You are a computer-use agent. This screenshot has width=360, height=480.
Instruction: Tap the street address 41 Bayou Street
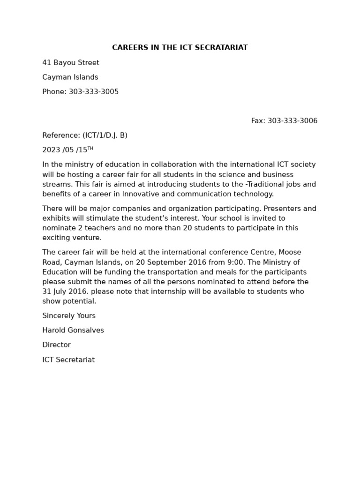71,63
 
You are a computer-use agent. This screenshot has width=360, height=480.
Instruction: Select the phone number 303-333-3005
94,92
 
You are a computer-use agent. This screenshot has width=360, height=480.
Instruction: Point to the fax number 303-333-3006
292,121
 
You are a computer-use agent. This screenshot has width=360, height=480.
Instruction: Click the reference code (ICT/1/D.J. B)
105,135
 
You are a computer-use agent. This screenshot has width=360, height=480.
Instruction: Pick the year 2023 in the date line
52,150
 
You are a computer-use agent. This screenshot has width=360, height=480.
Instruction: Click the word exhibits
56,218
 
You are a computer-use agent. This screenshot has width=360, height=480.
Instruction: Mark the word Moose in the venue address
290,252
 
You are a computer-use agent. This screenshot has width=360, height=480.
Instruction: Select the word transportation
156,272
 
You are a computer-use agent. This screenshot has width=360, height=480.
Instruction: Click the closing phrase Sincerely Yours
69,316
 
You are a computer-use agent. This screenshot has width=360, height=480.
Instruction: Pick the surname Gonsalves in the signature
86,330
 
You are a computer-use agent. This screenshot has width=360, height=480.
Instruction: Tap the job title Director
56,345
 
